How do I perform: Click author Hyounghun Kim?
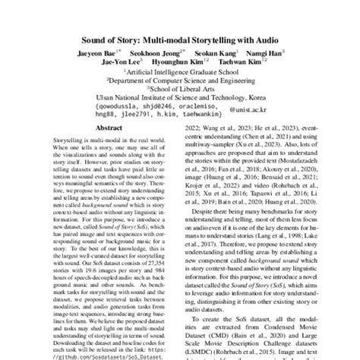(180, 65)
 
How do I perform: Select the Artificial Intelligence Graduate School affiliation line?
(179, 77)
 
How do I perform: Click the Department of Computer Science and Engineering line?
(181, 87)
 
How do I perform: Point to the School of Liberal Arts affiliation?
(181, 96)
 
